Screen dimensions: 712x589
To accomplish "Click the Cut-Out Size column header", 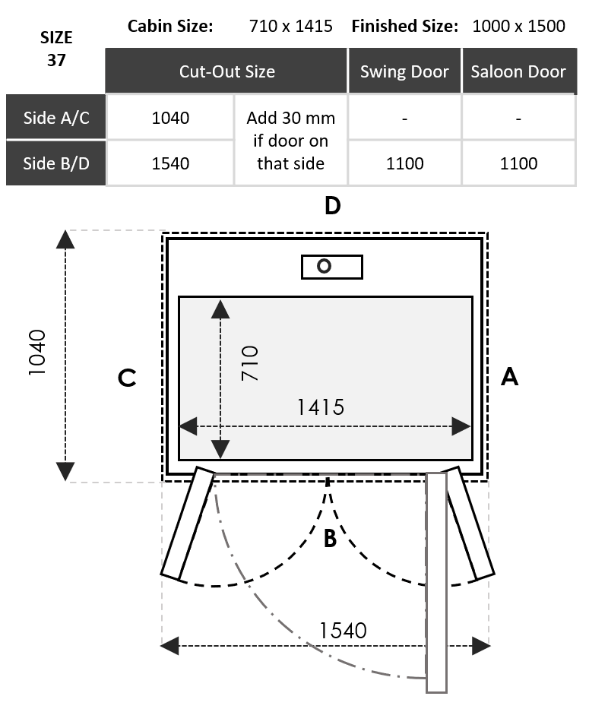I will coord(226,71).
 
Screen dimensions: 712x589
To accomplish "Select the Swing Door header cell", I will coord(404,71).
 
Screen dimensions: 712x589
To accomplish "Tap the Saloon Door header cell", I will coord(518,71).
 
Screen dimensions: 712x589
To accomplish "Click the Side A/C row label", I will coord(56,118).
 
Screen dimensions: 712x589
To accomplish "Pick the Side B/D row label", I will coord(56,163).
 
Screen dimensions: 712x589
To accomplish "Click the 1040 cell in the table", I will coord(170,118).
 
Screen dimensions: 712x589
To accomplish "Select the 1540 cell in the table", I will coord(170,163).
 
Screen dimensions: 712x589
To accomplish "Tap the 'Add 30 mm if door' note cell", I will coord(291,141).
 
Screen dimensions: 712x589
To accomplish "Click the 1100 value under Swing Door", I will coord(404,163).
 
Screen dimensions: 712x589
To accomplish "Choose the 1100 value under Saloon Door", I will coord(518,163).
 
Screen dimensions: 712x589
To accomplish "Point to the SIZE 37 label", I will coord(56,49).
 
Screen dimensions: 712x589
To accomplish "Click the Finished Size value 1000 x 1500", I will coord(519,26).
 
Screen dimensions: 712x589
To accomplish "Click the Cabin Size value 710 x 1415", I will coord(291,26).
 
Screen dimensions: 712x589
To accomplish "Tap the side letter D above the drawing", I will coord(332,206).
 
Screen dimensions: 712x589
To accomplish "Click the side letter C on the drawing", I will coord(127,378).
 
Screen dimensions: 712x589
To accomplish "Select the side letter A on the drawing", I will coord(509,376).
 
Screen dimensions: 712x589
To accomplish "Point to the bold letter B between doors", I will coord(330,539).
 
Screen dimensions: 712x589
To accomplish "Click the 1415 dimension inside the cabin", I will coord(320,407).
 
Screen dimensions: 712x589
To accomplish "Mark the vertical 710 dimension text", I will coord(249,363).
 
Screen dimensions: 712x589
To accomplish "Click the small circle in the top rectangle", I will coord(325,267).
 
